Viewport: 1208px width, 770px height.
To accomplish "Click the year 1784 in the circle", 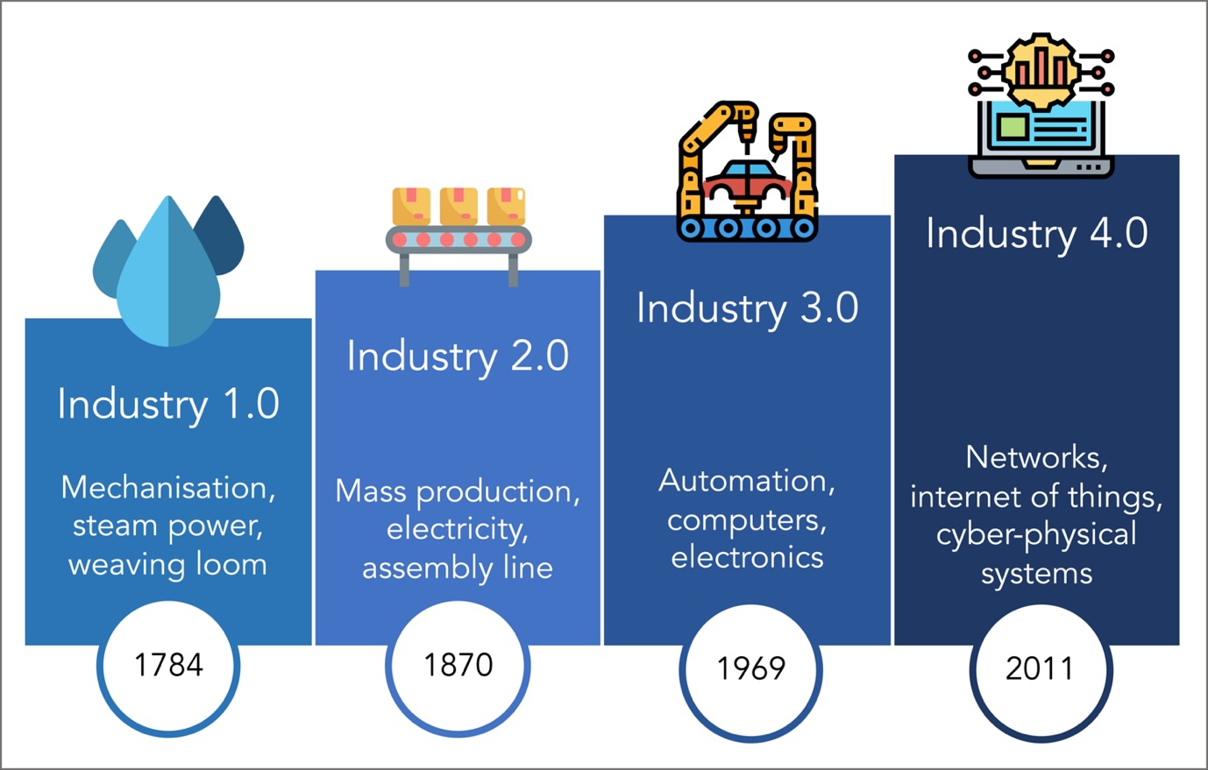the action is click(169, 664).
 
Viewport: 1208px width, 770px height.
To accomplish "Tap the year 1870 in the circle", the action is click(458, 664).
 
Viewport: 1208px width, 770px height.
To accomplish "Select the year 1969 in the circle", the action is click(750, 668).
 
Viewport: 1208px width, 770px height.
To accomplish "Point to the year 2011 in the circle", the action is click(1039, 668).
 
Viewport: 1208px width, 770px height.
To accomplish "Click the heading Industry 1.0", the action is click(168, 404).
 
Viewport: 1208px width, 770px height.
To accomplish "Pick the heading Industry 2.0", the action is click(458, 357).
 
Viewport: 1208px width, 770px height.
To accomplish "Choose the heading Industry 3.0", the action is click(748, 308).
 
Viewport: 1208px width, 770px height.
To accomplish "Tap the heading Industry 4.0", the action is click(1037, 234).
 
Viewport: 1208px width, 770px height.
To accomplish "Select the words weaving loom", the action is click(167, 565).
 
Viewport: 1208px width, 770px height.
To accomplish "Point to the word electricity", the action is click(458, 530).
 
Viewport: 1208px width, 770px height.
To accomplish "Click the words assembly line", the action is click(458, 569).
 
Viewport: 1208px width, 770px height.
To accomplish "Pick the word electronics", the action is click(747, 557).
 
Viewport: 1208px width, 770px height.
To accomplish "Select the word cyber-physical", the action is click(1036, 534).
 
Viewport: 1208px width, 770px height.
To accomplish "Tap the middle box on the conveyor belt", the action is click(458, 206).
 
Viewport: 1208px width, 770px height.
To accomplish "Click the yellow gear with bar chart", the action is click(1041, 72).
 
